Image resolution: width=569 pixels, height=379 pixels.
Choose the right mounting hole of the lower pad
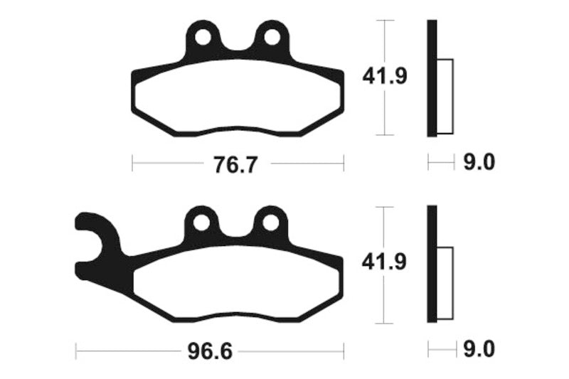pyautogui.click(x=270, y=223)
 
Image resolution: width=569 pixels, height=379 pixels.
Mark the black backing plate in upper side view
pyautogui.click(x=431, y=78)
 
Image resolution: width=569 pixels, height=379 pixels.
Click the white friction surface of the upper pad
pyautogui.click(x=238, y=96)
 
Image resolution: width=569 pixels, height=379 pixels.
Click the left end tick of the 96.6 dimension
pyautogui.click(x=76, y=350)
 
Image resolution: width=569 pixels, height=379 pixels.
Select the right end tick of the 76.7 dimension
pyautogui.click(x=344, y=164)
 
